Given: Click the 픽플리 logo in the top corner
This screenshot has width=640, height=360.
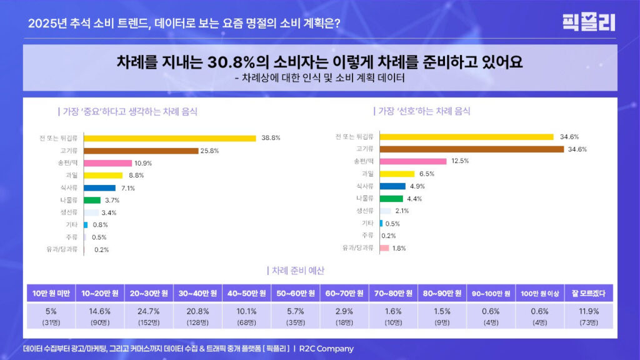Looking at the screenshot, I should [x=588, y=22].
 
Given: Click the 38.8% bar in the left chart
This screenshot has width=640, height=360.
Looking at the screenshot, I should [x=169, y=138].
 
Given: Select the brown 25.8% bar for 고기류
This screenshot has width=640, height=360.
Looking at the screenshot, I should [x=141, y=151].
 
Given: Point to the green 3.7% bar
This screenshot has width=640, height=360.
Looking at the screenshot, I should [x=92, y=200].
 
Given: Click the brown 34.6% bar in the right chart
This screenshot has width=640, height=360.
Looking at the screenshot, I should [x=471, y=149].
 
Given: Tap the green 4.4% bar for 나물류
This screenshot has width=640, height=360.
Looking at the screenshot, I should [x=391, y=198].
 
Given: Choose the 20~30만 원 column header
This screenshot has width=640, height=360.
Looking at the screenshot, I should [x=149, y=293].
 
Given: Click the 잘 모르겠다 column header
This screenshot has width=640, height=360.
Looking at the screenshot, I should [x=589, y=293].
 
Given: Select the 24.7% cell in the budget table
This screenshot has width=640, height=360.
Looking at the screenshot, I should [x=149, y=311].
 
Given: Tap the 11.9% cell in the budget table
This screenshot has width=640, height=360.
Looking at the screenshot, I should [x=589, y=311].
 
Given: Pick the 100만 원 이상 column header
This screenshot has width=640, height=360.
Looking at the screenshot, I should [x=540, y=293].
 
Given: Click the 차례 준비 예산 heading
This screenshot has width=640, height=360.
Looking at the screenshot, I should [x=297, y=271].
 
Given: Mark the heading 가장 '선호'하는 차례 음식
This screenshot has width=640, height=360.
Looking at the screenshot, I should [x=422, y=111].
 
